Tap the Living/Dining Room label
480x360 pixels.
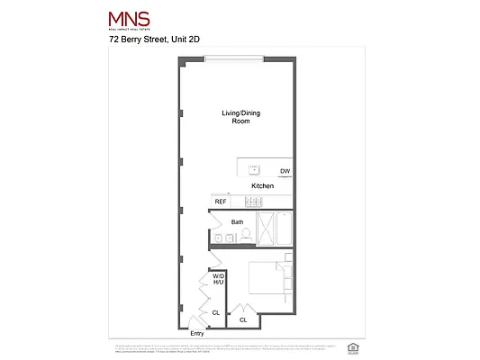235,116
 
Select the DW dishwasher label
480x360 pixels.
285,171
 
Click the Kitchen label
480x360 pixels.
262,185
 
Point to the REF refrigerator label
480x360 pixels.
220,202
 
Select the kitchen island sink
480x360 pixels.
254,170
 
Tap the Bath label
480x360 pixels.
237,221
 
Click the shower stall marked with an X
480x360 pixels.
267,229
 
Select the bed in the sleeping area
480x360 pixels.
271,278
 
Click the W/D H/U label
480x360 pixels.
218,279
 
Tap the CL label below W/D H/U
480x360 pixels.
215,312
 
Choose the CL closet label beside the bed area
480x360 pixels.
243,319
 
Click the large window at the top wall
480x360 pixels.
234,59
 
